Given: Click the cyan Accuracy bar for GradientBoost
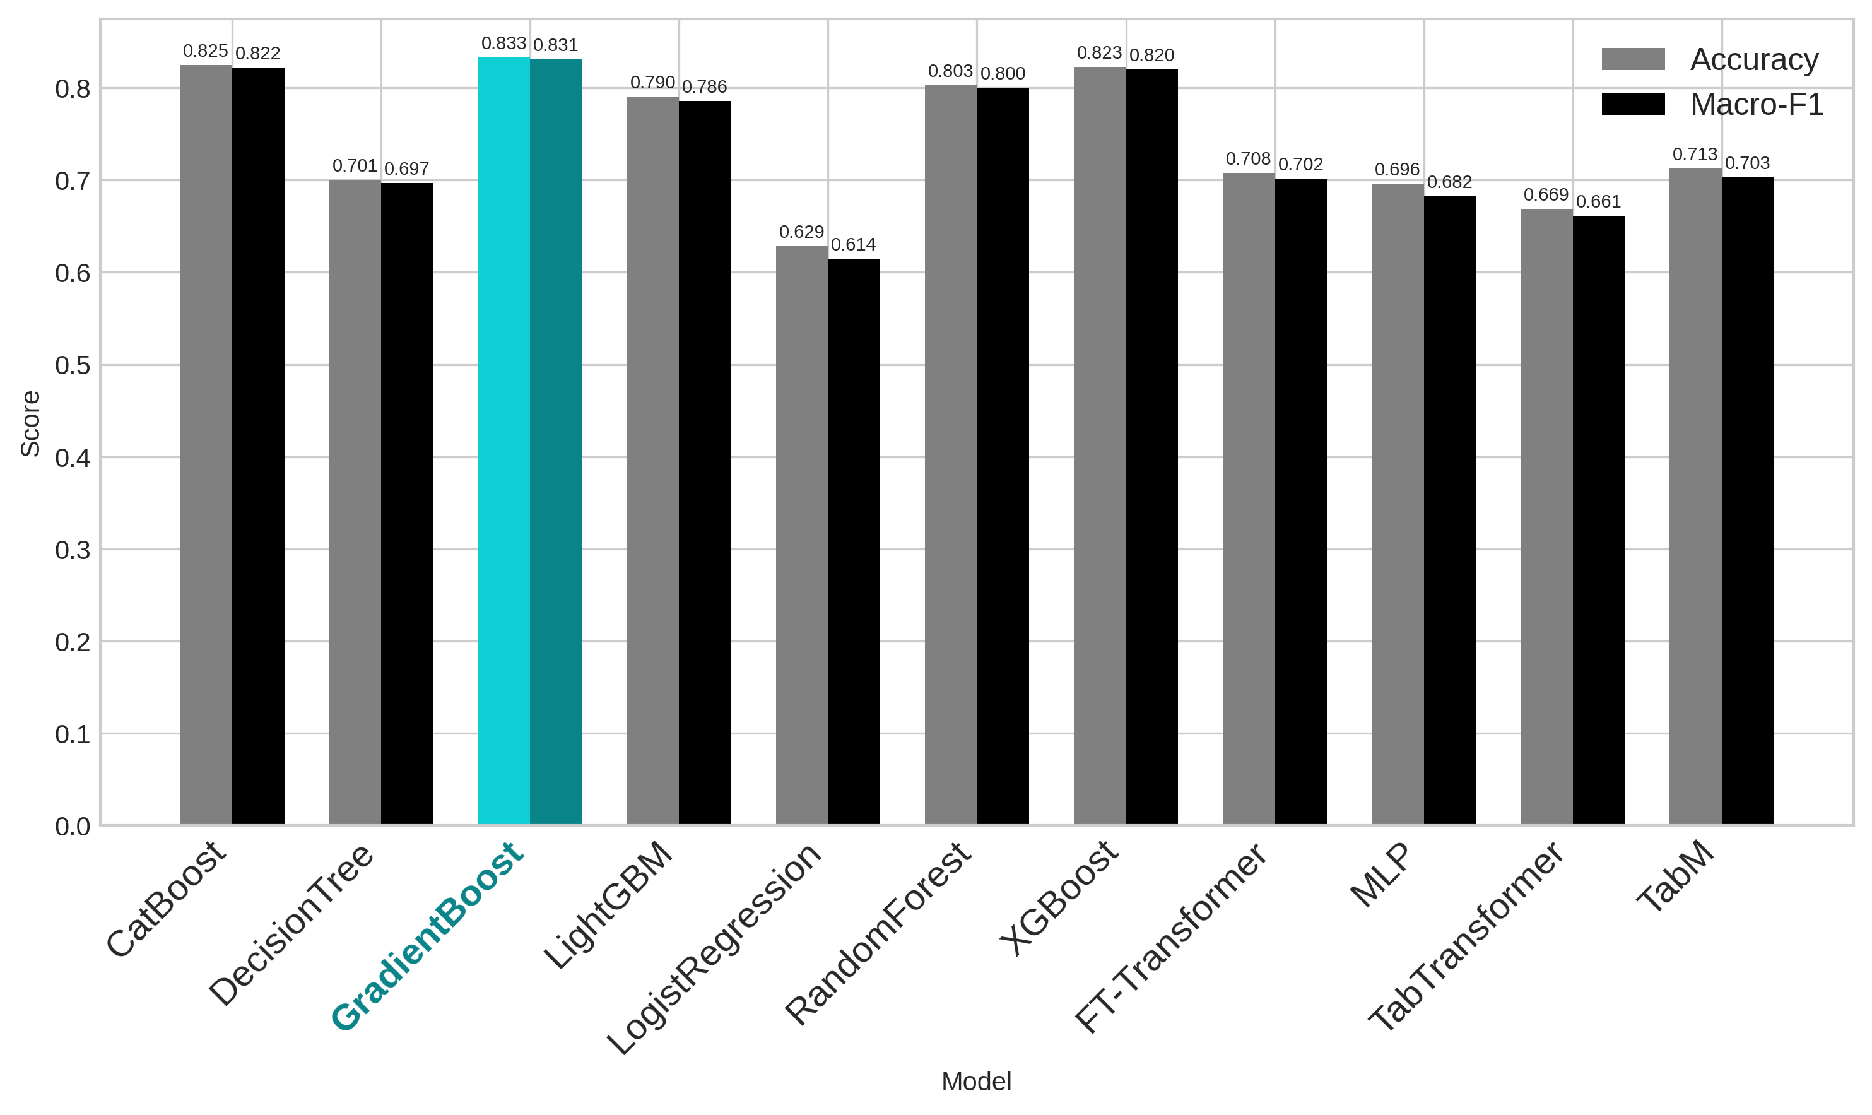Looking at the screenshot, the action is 504,441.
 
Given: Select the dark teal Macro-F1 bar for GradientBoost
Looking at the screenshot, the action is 556,442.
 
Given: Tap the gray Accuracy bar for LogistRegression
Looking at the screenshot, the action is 801,536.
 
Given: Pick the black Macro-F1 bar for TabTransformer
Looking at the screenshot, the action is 1599,521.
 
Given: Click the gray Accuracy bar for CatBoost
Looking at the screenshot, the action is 206,445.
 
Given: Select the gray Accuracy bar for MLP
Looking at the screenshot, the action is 1398,504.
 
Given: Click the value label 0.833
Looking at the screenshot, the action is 503,44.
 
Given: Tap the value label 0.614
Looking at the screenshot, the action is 854,245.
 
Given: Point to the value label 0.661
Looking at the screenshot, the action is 1599,202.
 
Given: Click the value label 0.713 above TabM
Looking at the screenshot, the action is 1695,155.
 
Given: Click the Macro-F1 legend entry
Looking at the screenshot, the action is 1713,105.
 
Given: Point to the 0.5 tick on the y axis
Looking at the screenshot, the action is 72,366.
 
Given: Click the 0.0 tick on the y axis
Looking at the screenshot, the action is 72,827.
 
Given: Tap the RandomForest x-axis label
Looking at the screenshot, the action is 878,933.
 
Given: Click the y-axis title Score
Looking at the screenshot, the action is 30,424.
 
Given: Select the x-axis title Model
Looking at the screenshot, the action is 977,1082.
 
